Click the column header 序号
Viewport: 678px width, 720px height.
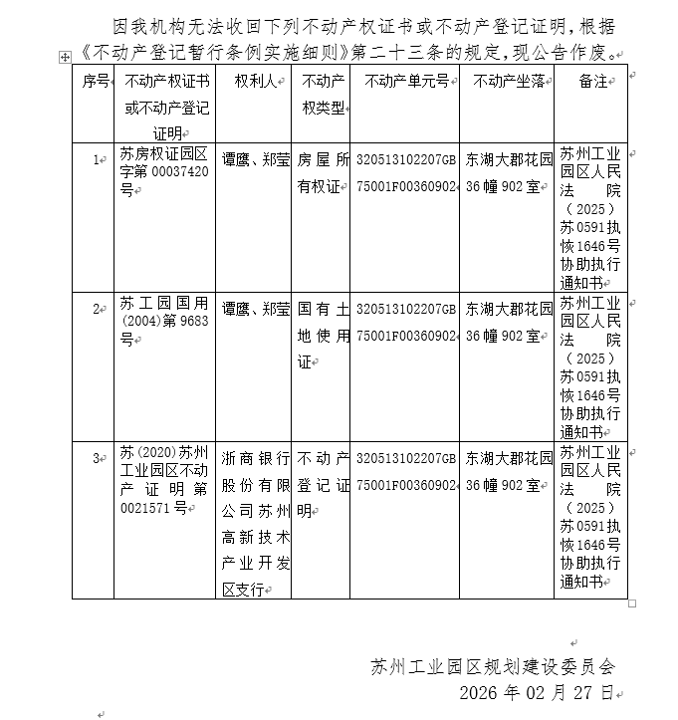click(x=95, y=82)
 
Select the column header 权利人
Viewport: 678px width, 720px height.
click(x=253, y=82)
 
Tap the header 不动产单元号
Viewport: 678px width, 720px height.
click(x=406, y=82)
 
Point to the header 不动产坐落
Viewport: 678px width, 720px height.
click(x=508, y=82)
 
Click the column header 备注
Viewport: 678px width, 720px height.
click(x=593, y=82)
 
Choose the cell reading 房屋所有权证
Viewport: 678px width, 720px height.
click(x=324, y=172)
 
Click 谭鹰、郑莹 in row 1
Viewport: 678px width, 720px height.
click(x=255, y=158)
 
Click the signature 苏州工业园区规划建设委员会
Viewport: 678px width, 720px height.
click(x=493, y=666)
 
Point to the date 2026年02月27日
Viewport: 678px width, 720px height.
click(x=536, y=692)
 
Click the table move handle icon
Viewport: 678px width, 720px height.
click(x=66, y=59)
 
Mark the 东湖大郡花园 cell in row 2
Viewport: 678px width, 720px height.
click(x=508, y=322)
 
